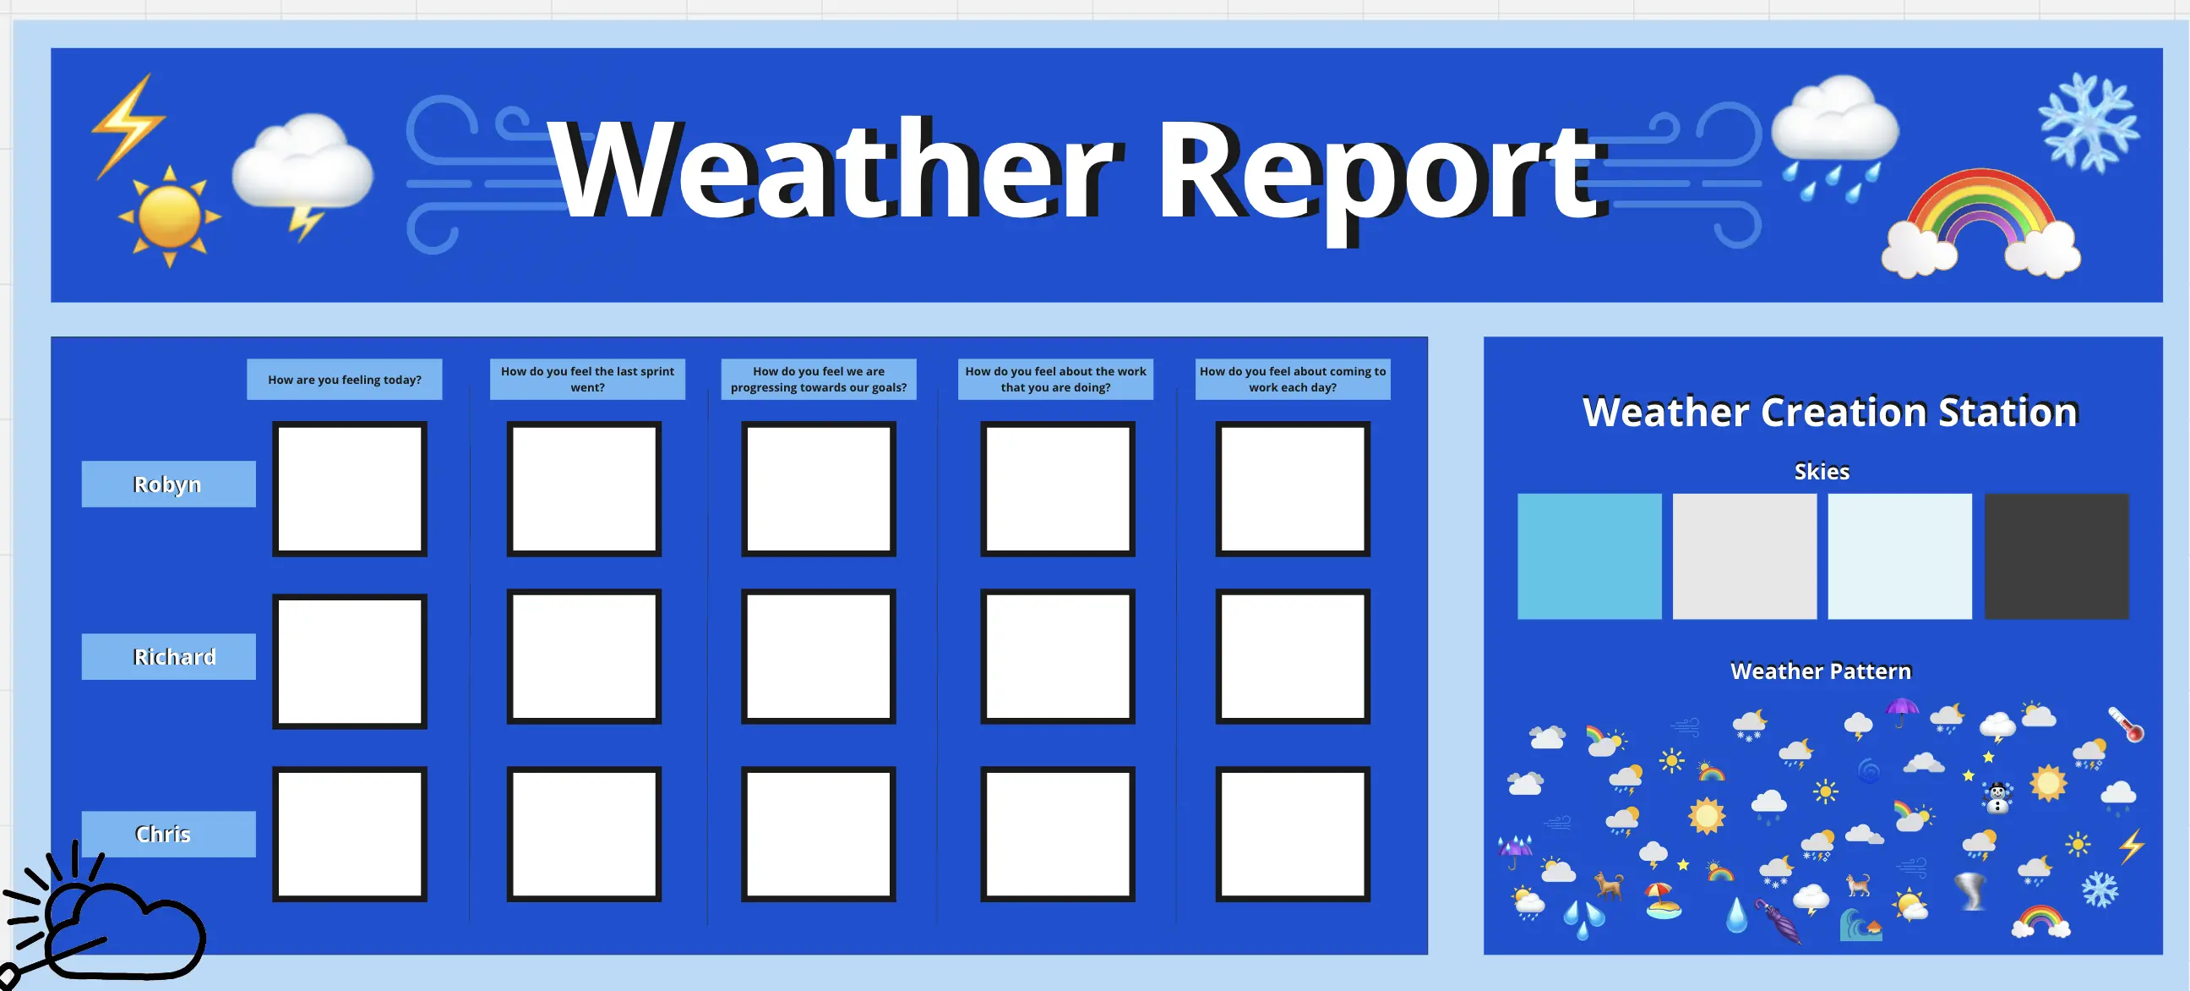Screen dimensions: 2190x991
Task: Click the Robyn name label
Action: click(168, 484)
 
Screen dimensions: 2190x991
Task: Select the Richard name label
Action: click(168, 657)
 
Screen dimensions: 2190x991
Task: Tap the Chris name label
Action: click(168, 834)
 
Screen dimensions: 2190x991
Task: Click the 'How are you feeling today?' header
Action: click(345, 380)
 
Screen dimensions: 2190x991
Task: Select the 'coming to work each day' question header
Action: click(1292, 380)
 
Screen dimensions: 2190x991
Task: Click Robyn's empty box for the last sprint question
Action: click(584, 489)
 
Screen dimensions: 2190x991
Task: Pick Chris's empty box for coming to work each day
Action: click(1292, 834)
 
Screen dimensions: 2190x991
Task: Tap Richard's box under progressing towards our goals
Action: click(819, 657)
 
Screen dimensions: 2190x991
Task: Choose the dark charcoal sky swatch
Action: click(2057, 556)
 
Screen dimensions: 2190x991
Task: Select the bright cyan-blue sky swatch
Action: click(1589, 556)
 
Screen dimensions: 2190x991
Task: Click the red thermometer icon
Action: click(2127, 725)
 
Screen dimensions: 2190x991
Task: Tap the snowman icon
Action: click(1997, 797)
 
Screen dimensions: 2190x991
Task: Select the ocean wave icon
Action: click(1860, 925)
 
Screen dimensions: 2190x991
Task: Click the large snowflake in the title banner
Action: click(2089, 123)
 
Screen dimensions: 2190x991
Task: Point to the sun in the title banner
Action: click(169, 216)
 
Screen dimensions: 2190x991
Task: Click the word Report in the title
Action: click(1381, 174)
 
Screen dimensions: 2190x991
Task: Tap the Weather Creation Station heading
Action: click(1829, 412)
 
